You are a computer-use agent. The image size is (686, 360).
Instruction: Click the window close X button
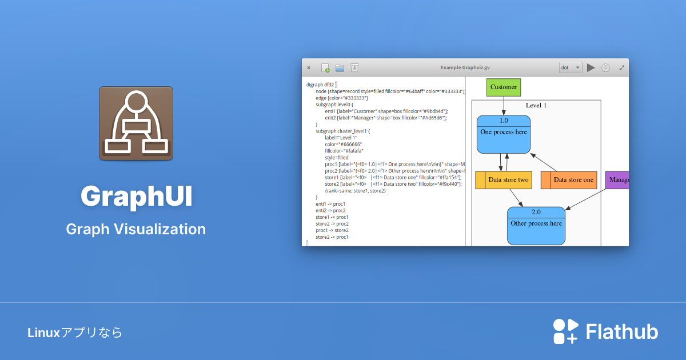coord(309,67)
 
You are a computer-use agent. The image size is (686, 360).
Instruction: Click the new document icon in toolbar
coord(325,67)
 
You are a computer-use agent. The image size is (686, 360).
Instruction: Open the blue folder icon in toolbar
coord(340,67)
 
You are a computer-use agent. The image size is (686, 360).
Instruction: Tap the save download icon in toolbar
coord(354,67)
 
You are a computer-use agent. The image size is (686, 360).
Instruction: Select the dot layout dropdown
coord(571,67)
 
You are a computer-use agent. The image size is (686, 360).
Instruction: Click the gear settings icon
coord(605,67)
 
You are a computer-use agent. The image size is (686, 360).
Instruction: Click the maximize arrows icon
coord(622,67)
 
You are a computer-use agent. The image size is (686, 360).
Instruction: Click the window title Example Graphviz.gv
coord(466,67)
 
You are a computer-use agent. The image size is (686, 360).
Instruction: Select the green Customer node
coord(504,87)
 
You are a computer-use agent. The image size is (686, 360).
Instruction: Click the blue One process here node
coord(504,134)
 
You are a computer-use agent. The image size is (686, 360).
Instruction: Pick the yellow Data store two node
coord(504,180)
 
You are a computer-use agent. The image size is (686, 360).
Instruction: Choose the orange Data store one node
coord(569,180)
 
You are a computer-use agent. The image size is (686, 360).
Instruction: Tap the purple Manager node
coord(617,180)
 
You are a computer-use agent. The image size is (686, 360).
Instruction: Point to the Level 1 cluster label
coord(536,105)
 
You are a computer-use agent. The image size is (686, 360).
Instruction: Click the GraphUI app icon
coord(136,123)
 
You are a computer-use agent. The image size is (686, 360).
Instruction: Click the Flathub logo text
coord(622,332)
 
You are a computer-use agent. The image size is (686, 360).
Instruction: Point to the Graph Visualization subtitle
coord(136,229)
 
